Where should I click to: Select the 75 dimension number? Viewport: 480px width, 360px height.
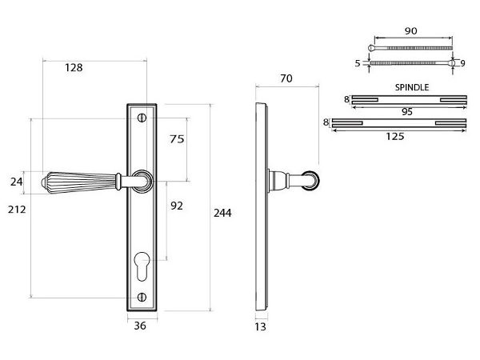pos(177,138)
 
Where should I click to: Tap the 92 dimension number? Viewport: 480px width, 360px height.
pos(177,206)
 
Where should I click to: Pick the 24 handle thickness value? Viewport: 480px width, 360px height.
pos(17,182)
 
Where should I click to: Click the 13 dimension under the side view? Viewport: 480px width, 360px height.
pos(260,326)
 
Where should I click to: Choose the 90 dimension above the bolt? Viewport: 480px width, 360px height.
pos(412,31)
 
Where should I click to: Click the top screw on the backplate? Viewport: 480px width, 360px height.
pos(142,118)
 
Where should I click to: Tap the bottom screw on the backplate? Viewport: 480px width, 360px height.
pos(142,298)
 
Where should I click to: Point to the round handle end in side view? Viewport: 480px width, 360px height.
pos(311,182)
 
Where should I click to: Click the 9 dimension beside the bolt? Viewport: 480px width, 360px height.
pos(462,62)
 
